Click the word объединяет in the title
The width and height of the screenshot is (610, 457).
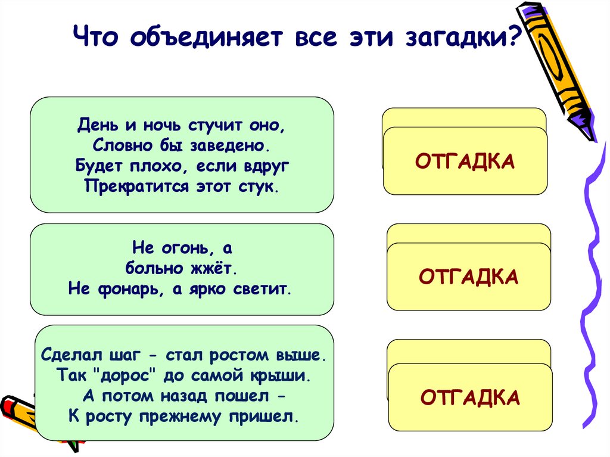point(206,37)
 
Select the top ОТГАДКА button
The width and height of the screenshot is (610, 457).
point(465,161)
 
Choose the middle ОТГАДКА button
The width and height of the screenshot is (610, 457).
point(469,276)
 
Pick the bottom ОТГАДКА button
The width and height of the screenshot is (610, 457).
point(471,397)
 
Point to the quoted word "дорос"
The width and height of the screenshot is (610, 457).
point(125,375)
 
